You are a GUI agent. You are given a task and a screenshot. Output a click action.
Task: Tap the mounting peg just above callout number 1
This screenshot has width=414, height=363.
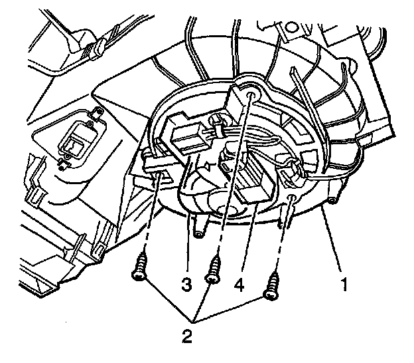[x=332, y=198]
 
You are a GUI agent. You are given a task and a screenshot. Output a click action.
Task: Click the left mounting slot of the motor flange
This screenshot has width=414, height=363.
[x=159, y=178]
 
